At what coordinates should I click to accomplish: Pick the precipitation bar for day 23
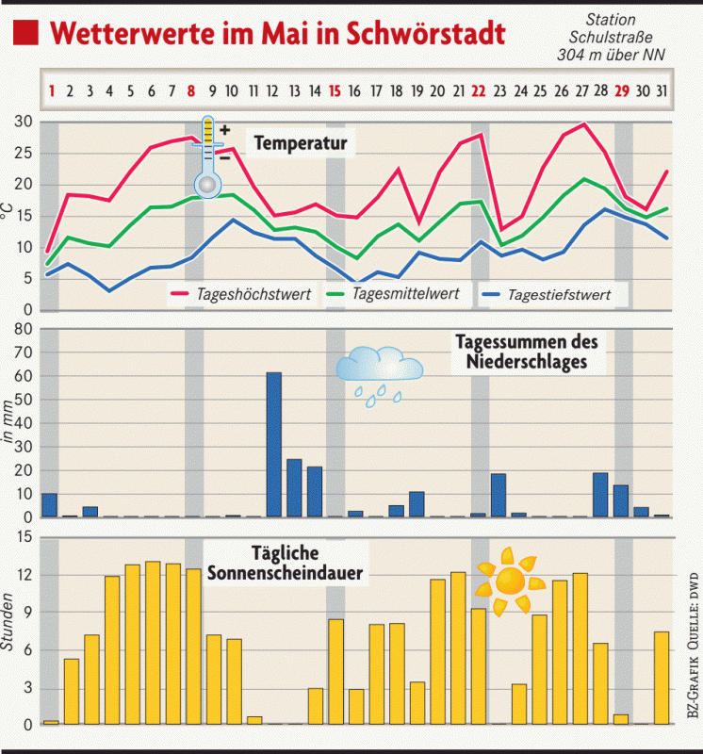(499, 495)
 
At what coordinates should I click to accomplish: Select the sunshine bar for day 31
(662, 678)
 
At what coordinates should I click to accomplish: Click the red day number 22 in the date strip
(478, 91)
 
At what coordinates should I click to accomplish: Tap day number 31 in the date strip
(662, 91)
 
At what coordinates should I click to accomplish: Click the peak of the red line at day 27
(585, 123)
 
